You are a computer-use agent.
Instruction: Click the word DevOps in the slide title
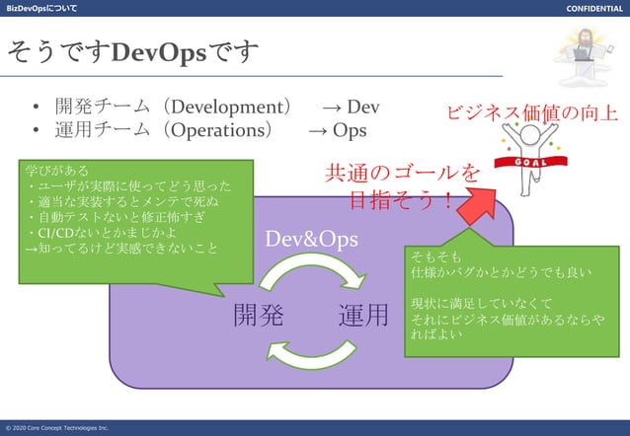click(159, 50)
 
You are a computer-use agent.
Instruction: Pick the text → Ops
click(337, 130)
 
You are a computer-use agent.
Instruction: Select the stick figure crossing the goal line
click(534, 153)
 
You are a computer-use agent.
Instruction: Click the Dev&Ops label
click(311, 239)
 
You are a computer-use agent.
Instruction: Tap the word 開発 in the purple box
click(259, 316)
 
